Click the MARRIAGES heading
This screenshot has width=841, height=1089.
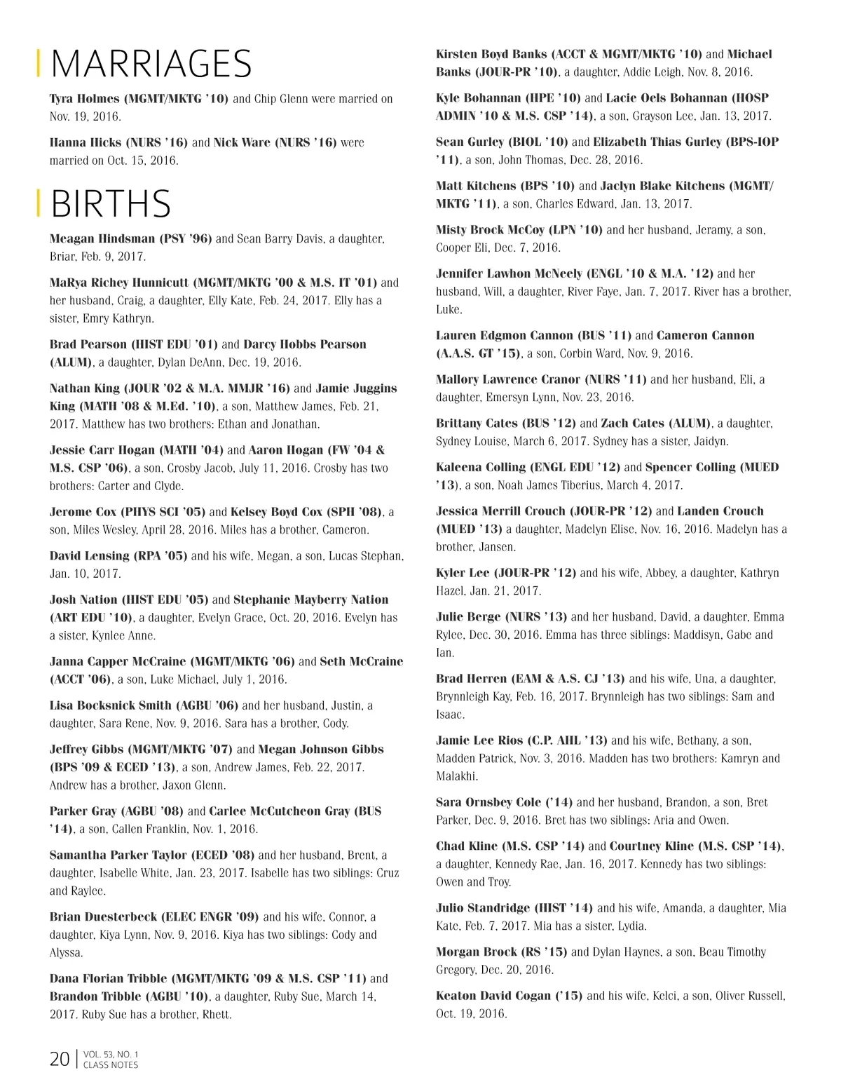[x=151, y=64]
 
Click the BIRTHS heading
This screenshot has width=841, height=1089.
[x=111, y=203]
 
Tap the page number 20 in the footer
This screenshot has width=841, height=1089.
[x=59, y=1059]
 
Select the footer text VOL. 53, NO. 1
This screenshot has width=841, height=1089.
[x=111, y=1054]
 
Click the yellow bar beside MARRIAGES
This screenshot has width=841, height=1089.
[x=38, y=64]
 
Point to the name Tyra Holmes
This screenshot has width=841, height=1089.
[x=84, y=99]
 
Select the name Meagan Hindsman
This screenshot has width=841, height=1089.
[x=102, y=238]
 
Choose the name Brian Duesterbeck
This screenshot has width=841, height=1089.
[x=104, y=916]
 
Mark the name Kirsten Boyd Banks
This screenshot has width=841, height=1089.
[x=491, y=54]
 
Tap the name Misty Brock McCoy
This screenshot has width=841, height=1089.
[x=490, y=230]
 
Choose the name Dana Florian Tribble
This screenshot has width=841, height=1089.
[x=108, y=978]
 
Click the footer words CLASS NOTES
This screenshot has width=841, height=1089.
[x=111, y=1065]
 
